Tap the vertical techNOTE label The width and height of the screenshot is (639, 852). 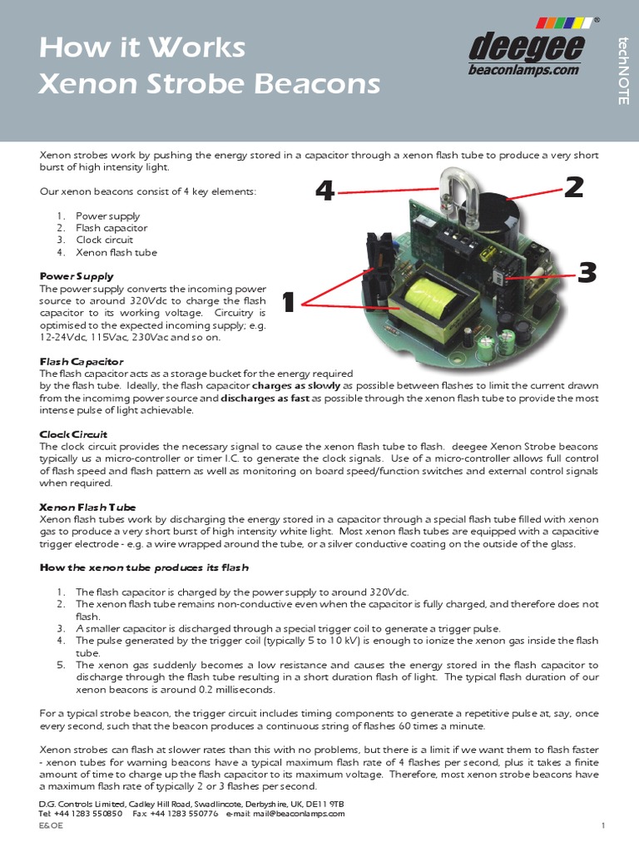click(622, 71)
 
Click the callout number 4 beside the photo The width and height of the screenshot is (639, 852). click(324, 192)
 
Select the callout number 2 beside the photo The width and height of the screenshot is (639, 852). click(573, 187)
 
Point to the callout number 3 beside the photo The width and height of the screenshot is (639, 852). click(587, 272)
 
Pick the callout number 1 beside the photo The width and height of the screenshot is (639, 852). click(289, 303)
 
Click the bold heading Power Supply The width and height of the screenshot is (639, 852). click(77, 276)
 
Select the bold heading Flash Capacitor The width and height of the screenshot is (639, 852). click(82, 362)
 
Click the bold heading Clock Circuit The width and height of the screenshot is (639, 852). click(73, 434)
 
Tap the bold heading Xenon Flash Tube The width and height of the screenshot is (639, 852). click(88, 507)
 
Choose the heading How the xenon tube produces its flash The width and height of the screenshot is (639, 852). click(144, 567)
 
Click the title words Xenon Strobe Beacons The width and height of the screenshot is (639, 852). click(209, 84)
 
